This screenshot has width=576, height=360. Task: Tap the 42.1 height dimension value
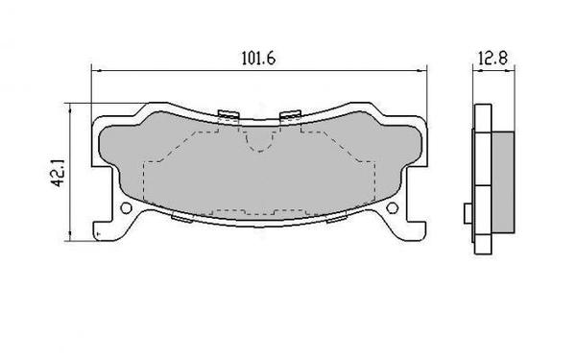click(x=60, y=170)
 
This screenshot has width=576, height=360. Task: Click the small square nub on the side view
click(x=466, y=212)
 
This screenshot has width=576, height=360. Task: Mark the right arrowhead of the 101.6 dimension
click(x=424, y=69)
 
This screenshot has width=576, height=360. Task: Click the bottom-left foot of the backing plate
click(x=103, y=230)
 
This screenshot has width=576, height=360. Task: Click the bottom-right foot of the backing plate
click(x=416, y=230)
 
